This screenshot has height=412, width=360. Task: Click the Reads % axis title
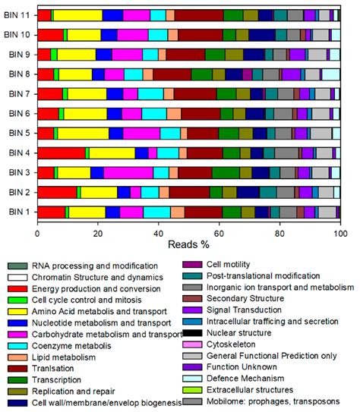pos(188,247)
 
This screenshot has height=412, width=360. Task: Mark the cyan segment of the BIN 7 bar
pos(150,93)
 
